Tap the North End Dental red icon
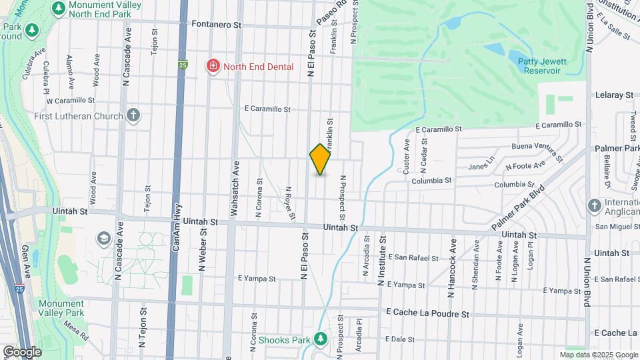point(213,66)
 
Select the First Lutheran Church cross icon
point(133,115)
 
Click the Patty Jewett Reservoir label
point(542,66)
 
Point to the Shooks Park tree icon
point(321,339)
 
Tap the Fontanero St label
point(216,25)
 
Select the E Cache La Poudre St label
point(428,313)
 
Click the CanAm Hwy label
point(176,229)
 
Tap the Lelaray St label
point(614,95)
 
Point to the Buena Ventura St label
point(537,151)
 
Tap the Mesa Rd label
point(76,331)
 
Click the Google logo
point(22,351)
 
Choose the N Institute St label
point(383,261)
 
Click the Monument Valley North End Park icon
point(58,8)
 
